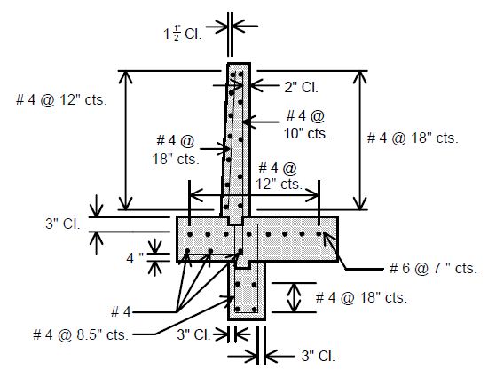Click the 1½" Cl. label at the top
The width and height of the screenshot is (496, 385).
183,34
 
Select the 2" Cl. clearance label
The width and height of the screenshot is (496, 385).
301,87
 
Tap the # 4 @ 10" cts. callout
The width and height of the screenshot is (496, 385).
306,125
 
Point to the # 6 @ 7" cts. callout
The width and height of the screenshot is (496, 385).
433,268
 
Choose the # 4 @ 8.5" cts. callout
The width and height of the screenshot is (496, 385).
81,334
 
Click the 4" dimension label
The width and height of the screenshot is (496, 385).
135,258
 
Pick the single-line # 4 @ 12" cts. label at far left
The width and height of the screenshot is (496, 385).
61,100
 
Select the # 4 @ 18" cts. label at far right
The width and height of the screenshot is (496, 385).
413,137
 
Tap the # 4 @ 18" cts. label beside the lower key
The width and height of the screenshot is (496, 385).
361,298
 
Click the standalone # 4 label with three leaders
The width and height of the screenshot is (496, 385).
121,312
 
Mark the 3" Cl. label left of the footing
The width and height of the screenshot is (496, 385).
63,224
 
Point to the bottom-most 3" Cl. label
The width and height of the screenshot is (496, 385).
318,356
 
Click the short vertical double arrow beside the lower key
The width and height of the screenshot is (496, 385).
294,298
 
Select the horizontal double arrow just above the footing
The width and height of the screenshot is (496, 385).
254,195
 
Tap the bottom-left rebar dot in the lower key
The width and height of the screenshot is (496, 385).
238,309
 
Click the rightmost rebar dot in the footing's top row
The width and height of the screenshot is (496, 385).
319,234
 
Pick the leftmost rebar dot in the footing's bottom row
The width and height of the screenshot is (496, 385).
187,251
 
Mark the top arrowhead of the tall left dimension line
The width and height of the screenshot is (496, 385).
126,77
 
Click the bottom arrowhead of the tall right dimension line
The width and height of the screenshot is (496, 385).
359,203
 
